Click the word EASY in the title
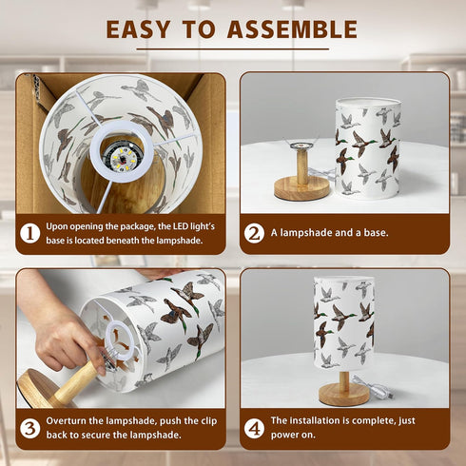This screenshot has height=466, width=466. pyautogui.click(x=139, y=29)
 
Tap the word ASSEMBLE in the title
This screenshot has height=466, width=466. pyautogui.click(x=292, y=29)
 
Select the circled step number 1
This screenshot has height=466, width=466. pyautogui.click(x=30, y=233)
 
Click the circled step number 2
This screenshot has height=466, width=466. pyautogui.click(x=254, y=233)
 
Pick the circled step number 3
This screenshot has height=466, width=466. pyautogui.click(x=30, y=428)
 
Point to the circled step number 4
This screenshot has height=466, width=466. pyautogui.click(x=254, y=428)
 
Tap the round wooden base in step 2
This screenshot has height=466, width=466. pyautogui.click(x=301, y=188)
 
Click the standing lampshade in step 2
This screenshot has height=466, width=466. pyautogui.click(x=368, y=148)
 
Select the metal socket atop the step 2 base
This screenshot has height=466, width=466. pyautogui.click(x=301, y=146)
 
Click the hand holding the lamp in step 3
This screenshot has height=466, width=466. pyautogui.click(x=65, y=333)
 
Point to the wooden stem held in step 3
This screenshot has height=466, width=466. pyautogui.click(x=75, y=382)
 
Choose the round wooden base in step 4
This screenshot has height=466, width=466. pyautogui.click(x=343, y=395)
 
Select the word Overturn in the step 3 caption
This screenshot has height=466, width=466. pyautogui.click(x=67, y=421)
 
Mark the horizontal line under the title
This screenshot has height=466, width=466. pyautogui.click(x=233, y=49)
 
